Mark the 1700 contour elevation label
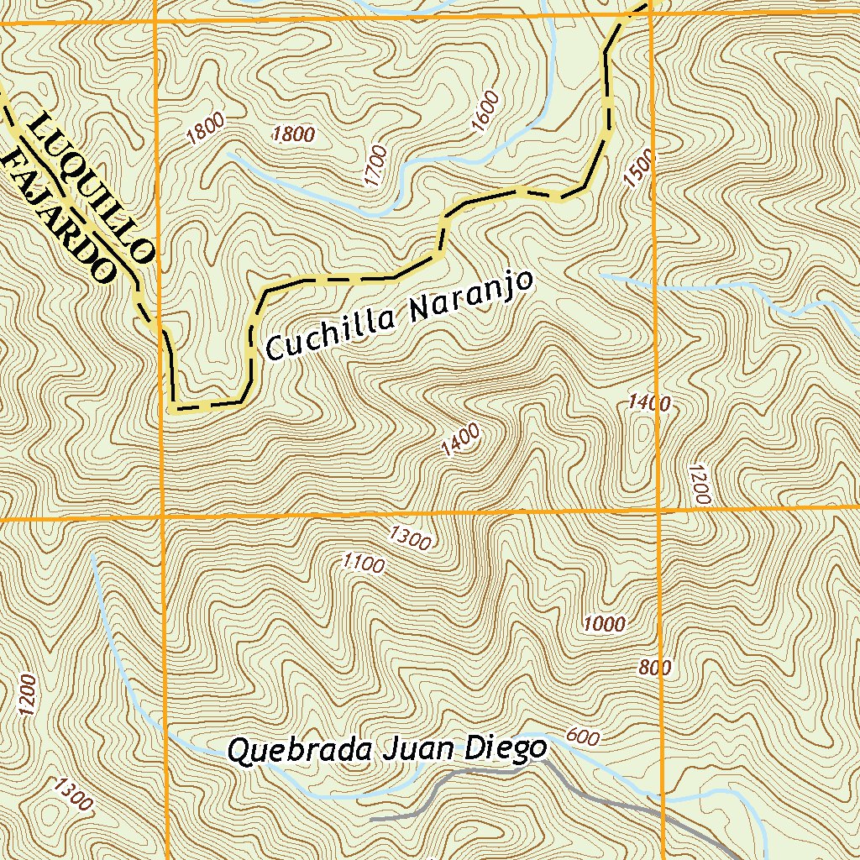375,165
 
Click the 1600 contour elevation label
485,111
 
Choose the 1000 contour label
605,623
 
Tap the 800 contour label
655,668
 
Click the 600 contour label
583,737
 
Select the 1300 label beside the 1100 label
410,537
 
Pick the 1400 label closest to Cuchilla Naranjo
461,440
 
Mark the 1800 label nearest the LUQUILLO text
206,128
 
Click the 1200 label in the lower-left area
27,695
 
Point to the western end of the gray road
372,816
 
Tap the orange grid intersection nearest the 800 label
658,510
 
